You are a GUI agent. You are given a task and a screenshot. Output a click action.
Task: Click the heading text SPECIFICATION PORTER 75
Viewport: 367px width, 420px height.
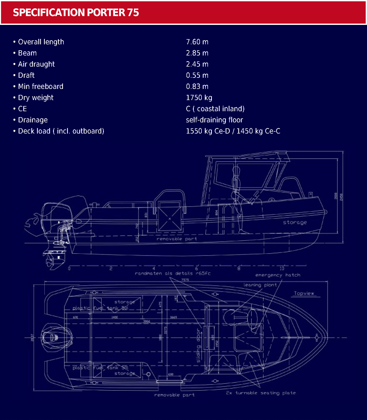coord(76,12)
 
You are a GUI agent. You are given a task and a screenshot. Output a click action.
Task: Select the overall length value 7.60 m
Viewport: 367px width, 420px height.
coord(197,42)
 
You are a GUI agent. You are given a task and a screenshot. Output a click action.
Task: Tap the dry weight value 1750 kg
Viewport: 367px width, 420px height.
coord(199,97)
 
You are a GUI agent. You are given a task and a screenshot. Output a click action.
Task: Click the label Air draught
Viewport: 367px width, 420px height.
coord(36,64)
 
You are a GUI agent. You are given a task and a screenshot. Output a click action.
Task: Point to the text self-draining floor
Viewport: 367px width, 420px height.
coord(214,120)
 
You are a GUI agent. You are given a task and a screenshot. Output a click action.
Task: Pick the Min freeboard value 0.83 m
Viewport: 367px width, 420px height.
coord(197,86)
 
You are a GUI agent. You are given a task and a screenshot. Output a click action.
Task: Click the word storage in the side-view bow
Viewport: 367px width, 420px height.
coord(295,222)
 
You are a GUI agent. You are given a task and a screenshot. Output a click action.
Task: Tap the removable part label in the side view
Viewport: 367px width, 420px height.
coord(177,239)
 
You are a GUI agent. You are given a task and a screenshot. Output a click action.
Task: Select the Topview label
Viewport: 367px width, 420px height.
coord(304,293)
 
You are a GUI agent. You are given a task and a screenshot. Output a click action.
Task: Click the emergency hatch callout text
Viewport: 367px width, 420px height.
coord(278,275)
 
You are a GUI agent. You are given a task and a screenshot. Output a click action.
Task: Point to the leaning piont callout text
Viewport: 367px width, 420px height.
coord(260,285)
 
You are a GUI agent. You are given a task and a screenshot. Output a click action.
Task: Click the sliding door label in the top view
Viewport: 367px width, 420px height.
coord(199,346)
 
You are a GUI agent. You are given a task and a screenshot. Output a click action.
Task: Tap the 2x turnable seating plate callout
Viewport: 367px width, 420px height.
coord(261,393)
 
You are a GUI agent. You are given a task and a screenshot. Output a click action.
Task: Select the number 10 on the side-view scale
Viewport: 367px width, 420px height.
coord(282,269)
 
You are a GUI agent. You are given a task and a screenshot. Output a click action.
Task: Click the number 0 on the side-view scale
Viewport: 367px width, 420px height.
coord(69,269)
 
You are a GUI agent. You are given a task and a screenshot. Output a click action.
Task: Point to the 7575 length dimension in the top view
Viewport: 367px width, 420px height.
coord(185,280)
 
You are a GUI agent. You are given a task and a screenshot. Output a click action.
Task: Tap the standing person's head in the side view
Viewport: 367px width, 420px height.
coord(236,170)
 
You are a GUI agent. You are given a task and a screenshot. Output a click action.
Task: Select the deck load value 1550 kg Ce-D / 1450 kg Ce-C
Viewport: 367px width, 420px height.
coord(233,131)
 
